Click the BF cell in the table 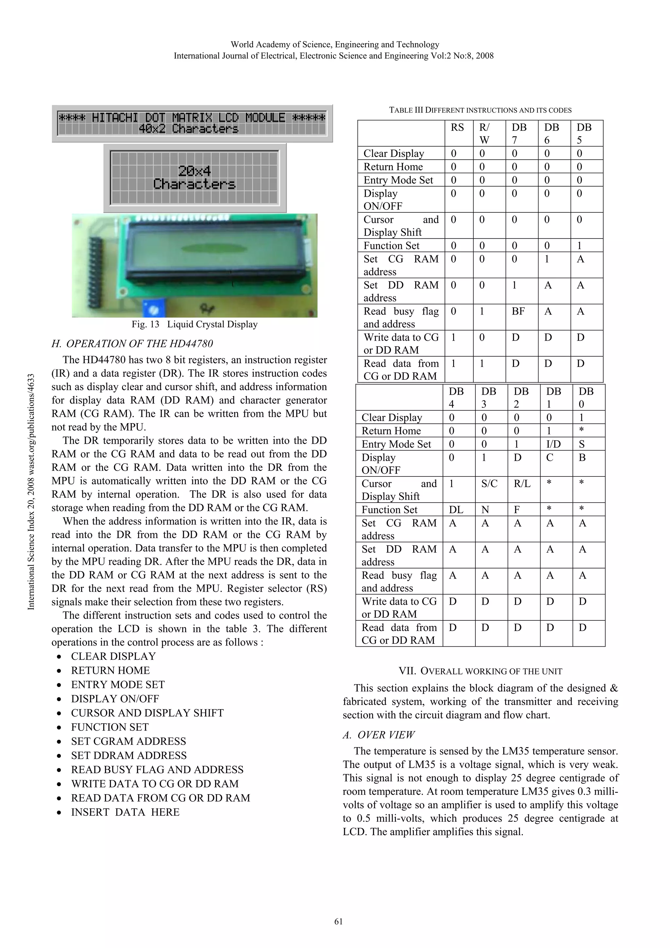pyautogui.click(x=518, y=311)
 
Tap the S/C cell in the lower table pyautogui.click(x=489, y=484)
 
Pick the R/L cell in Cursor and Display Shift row pyautogui.click(x=522, y=484)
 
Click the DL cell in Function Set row pyautogui.click(x=456, y=510)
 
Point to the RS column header pyautogui.click(x=457, y=127)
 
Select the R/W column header pyautogui.click(x=484, y=134)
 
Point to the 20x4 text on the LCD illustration pyautogui.click(x=194, y=171)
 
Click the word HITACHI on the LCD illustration pyautogui.click(x=115, y=118)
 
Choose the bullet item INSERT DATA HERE pyautogui.click(x=125, y=812)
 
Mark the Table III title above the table pyautogui.click(x=480, y=110)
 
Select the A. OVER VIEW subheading pyautogui.click(x=379, y=735)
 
